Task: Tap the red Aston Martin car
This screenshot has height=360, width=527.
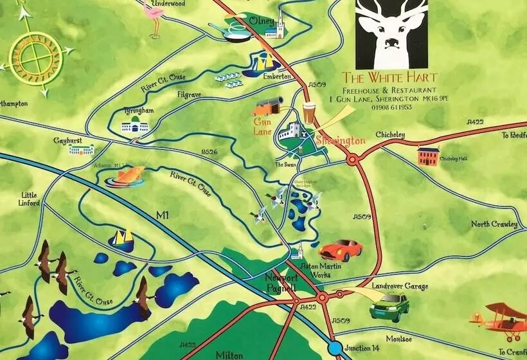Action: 341,249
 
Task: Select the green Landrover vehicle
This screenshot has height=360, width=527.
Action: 389,305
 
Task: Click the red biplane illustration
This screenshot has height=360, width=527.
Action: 499,322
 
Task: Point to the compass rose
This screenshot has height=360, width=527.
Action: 35,57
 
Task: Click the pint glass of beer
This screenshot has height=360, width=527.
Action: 310,114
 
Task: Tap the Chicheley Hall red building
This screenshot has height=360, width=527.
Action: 428,156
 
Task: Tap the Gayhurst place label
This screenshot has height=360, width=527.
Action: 69,138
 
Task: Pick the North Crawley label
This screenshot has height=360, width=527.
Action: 494,224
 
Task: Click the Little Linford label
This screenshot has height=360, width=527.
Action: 30,199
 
